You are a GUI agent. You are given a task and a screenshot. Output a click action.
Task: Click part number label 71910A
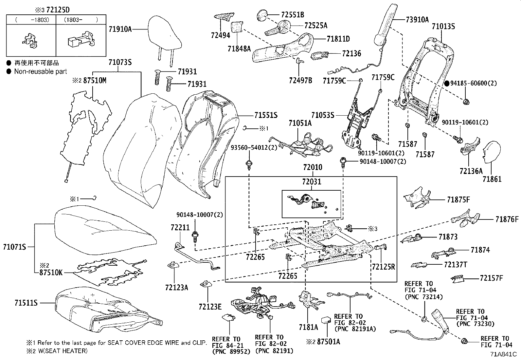pos(120,29)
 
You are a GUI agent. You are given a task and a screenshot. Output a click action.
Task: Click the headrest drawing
pos(165,36)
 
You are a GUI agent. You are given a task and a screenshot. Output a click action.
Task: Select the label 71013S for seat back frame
pos(443,27)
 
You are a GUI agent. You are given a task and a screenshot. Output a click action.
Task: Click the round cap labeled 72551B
pos(262,15)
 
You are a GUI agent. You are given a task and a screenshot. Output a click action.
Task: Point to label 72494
pos(221,35)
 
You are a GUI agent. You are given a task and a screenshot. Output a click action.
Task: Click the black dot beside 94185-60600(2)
pos(447,83)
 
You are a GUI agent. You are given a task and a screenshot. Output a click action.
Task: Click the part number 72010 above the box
pos(312,167)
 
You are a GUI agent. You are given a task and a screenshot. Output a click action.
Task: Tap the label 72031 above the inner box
pos(312,181)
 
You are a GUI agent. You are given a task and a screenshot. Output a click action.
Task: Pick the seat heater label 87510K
pos(51,272)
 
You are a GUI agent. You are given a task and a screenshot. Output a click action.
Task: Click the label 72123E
pos(210,307)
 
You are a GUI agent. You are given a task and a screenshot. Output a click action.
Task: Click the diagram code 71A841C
pos(503,354)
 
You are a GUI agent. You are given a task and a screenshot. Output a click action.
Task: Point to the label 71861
pos(492,179)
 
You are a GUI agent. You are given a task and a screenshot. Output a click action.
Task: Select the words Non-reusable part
pos(40,71)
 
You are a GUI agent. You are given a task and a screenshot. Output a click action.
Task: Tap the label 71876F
pos(507,219)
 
